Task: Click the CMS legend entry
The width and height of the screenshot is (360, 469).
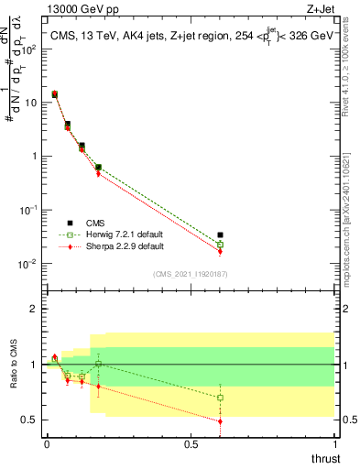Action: click(x=94, y=222)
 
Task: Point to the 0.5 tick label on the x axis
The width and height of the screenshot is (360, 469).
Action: click(x=191, y=443)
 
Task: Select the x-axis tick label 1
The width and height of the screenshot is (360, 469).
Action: click(x=334, y=443)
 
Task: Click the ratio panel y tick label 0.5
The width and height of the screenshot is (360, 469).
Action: click(x=30, y=420)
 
